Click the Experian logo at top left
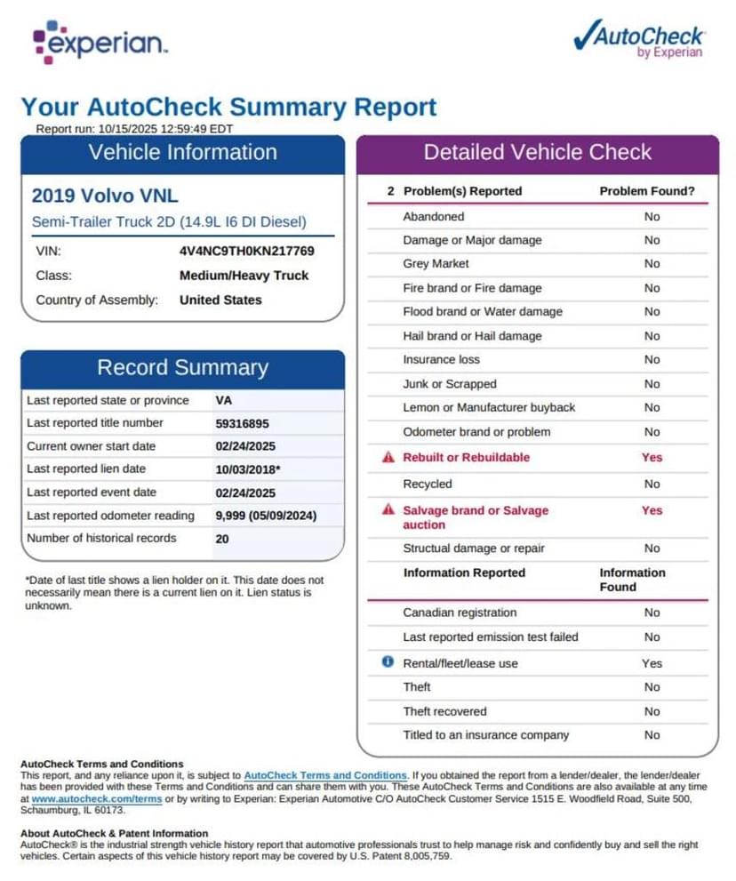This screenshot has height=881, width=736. click(99, 43)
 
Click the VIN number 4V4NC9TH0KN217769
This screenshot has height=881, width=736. click(246, 251)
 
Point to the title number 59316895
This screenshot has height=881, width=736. click(242, 424)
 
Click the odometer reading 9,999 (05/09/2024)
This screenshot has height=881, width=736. click(266, 516)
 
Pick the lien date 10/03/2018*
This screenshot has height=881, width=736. click(248, 469)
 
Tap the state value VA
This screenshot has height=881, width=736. click(224, 401)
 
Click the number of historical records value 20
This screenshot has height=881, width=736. click(222, 539)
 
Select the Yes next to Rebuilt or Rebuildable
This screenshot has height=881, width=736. click(652, 457)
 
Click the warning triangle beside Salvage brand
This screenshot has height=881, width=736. click(388, 510)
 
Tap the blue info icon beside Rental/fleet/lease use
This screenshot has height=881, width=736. click(388, 662)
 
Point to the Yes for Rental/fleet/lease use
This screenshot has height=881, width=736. click(652, 663)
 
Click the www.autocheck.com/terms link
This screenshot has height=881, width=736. click(97, 799)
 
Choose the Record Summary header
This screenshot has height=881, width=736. click(182, 368)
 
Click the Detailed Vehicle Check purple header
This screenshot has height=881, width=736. click(537, 152)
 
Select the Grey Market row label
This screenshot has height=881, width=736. click(436, 264)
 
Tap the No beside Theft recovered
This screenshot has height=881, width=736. click(652, 711)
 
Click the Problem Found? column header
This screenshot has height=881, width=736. click(647, 191)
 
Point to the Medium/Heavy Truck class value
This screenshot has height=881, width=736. click(244, 276)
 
